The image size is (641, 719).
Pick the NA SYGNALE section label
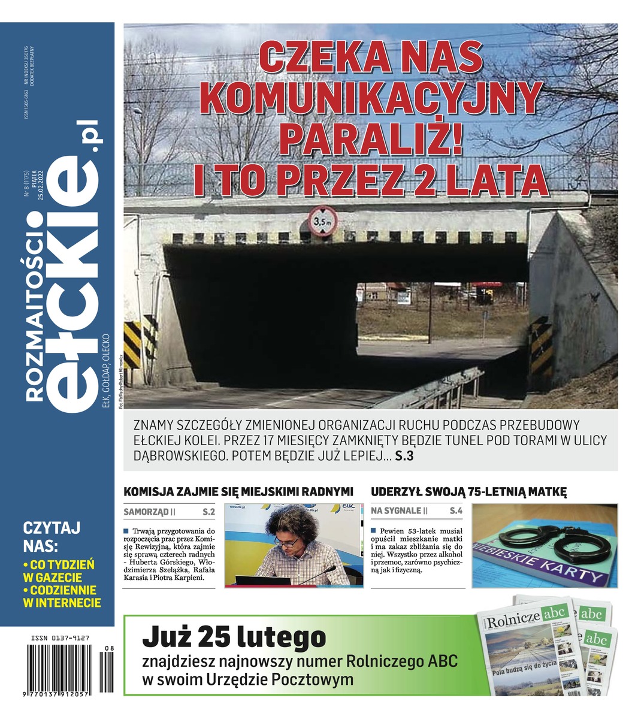pos(395,512)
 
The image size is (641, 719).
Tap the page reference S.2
pos(208,512)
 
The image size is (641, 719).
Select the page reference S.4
pos(456,512)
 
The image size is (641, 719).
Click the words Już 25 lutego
pos(234,637)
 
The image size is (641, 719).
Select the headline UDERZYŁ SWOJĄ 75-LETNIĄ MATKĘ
pos(468,492)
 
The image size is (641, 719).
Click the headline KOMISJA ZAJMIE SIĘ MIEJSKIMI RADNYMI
pos(238,492)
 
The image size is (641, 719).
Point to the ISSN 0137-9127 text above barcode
pos(60,639)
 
